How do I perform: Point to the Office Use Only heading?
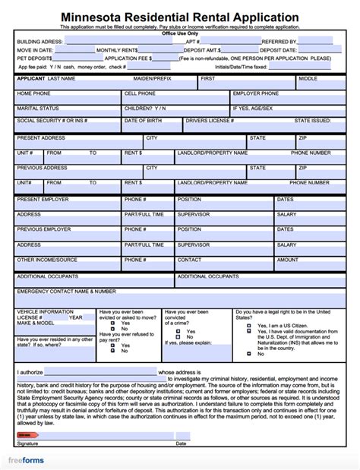point(179,34)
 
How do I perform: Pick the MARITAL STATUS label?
point(38,108)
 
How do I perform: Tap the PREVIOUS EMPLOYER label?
point(44,229)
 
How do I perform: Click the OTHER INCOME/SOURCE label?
point(47,260)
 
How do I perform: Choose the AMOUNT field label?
point(288,260)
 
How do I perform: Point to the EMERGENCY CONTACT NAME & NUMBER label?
point(66,291)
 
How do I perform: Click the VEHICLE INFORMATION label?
point(46,311)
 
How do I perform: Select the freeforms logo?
point(27,459)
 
